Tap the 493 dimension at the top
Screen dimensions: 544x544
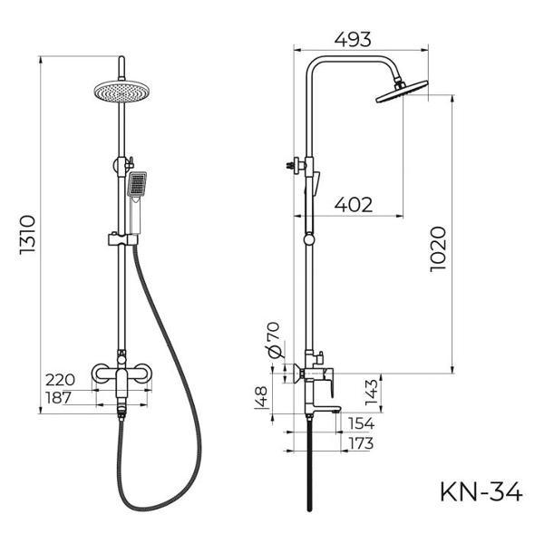tap(354, 40)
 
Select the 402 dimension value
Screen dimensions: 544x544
tap(354, 205)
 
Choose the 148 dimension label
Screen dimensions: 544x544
tap(262, 398)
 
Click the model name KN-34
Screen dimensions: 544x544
tap(481, 491)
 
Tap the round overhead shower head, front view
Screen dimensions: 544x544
tap(121, 90)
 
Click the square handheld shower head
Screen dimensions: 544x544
tap(137, 186)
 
